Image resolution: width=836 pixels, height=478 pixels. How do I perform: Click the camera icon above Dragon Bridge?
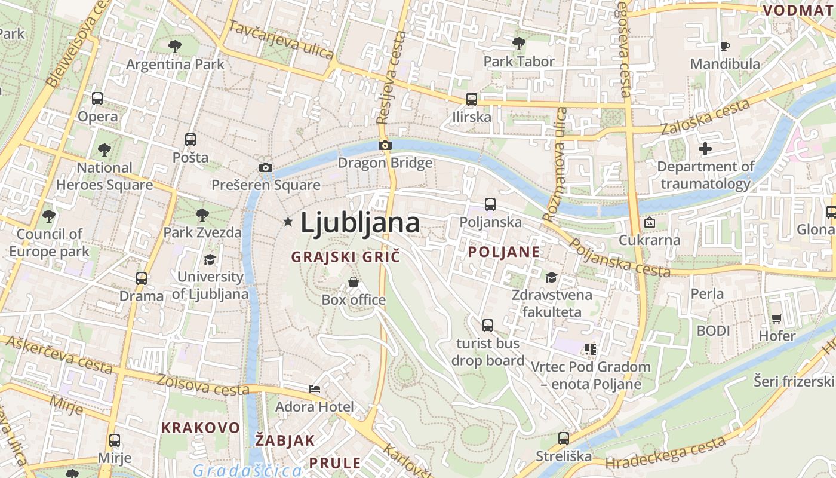pyautogui.click(x=385, y=145)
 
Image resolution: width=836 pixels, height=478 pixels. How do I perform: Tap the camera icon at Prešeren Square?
pyautogui.click(x=266, y=167)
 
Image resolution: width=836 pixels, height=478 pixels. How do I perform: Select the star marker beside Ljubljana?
pyautogui.click(x=288, y=222)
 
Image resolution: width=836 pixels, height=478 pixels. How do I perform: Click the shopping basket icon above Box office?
pyautogui.click(x=354, y=281)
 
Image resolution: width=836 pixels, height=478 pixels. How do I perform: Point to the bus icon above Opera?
pyautogui.click(x=97, y=99)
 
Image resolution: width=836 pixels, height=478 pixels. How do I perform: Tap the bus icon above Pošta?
pyautogui.click(x=190, y=140)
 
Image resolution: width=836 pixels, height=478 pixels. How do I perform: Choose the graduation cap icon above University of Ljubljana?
pyautogui.click(x=210, y=259)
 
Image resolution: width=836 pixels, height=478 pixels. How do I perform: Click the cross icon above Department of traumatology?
pyautogui.click(x=705, y=149)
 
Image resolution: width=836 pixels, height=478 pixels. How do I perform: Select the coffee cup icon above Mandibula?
pyautogui.click(x=725, y=46)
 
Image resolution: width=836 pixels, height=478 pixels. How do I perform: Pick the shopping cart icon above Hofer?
pyautogui.click(x=776, y=318)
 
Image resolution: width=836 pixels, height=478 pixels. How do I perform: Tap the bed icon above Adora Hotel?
pyautogui.click(x=315, y=389)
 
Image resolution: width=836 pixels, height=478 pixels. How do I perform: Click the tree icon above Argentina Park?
pyautogui.click(x=175, y=46)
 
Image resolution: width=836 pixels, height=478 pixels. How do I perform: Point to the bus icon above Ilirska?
pyautogui.click(x=472, y=99)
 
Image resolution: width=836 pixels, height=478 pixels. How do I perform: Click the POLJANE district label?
pyautogui.click(x=504, y=252)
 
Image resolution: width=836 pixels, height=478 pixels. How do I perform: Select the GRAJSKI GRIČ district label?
pyautogui.click(x=345, y=257)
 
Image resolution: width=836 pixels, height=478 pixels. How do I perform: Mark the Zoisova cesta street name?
pyautogui.click(x=202, y=385)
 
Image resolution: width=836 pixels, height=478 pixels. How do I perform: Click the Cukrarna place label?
pyautogui.click(x=650, y=240)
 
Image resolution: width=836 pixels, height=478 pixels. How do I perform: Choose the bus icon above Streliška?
pyautogui.click(x=563, y=439)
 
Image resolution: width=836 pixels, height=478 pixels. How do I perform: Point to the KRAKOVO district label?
pyautogui.click(x=201, y=428)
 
